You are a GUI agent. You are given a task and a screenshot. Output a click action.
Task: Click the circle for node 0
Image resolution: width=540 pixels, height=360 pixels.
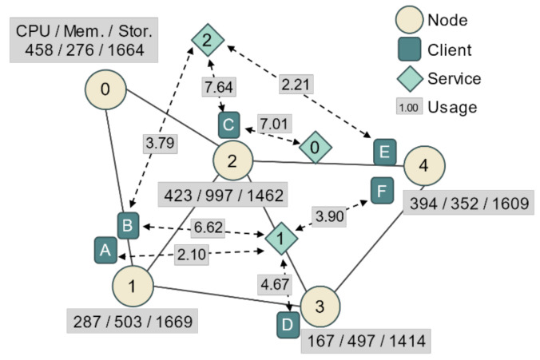click(106, 89)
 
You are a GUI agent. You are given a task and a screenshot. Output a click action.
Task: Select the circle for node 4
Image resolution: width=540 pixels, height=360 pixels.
click(424, 166)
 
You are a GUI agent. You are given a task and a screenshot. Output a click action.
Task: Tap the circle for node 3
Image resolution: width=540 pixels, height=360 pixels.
click(320, 306)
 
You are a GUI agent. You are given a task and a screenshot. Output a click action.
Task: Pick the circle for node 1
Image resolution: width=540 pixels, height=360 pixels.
click(133, 286)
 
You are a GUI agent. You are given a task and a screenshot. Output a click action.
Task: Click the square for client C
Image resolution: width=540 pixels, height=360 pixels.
click(229, 125)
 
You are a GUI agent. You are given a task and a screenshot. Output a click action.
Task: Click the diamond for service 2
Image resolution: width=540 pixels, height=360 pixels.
click(206, 39)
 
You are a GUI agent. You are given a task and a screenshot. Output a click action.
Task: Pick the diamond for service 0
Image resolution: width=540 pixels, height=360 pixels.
click(315, 148)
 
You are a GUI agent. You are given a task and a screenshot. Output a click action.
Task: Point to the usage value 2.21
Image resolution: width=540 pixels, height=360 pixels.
click(296, 82)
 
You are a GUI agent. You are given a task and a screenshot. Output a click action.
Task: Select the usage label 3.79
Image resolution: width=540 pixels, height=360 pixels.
click(161, 144)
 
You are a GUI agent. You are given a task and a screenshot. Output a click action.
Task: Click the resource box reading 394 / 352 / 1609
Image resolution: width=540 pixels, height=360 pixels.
click(469, 204)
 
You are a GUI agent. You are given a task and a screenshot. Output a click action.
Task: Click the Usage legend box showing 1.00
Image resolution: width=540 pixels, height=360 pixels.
click(408, 108)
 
